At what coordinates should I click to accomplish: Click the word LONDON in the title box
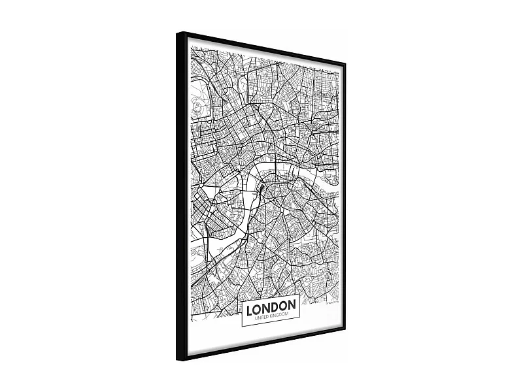pos(271,305)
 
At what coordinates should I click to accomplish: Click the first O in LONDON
pos(258,305)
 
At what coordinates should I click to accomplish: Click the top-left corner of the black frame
pos(178,33)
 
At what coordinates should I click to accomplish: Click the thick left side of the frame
pos(181,196)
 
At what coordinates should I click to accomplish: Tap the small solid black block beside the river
pos(261,188)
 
